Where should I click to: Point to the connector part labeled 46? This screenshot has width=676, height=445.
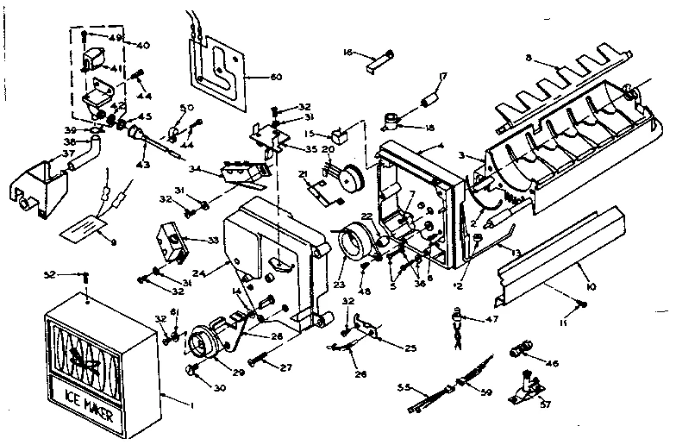(522, 351)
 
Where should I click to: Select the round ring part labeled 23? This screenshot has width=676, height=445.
(351, 244)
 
